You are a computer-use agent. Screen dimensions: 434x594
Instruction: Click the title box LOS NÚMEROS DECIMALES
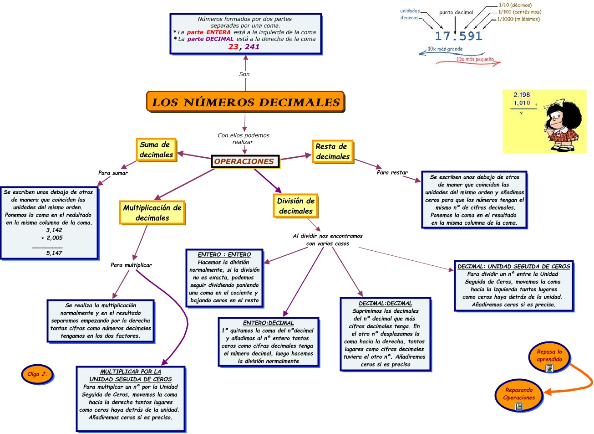245,102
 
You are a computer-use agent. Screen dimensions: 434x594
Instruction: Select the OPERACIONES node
244,161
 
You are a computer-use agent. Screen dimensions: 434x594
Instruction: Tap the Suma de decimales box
156,150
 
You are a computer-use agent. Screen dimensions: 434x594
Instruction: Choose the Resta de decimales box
332,152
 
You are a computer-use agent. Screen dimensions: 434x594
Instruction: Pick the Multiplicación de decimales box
152,213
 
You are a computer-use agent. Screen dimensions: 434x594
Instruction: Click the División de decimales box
296,206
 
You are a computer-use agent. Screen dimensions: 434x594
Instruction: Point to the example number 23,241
244,46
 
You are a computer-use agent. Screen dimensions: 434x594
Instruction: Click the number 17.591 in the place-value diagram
458,36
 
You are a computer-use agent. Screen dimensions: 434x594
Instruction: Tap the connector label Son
244,74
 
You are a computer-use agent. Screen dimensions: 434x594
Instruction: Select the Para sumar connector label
113,173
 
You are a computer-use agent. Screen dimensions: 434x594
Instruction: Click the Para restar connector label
392,173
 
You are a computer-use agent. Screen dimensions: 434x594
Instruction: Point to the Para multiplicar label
131,265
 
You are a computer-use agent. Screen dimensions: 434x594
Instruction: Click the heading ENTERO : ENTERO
224,255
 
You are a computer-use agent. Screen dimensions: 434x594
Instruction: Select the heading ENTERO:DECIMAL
268,323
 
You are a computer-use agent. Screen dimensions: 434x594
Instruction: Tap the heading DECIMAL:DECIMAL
385,304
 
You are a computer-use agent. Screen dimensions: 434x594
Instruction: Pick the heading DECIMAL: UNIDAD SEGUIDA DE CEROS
513,267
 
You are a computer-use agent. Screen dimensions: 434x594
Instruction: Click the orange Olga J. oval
37,374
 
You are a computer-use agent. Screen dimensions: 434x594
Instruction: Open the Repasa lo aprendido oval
549,356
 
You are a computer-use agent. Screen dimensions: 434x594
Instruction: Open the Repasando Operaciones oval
519,394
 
